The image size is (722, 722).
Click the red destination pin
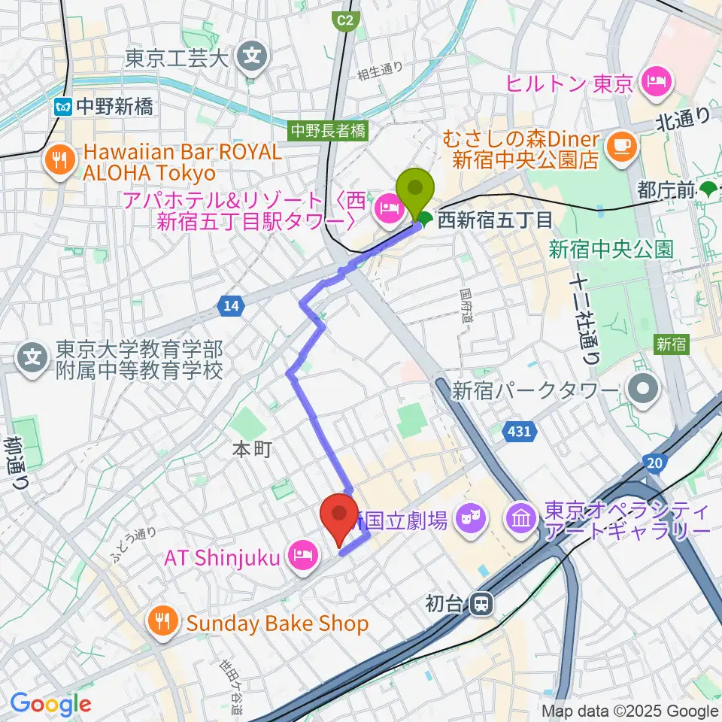pos(338,515)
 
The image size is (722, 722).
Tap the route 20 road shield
pos(654,460)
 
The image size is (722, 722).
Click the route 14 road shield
pos(231,305)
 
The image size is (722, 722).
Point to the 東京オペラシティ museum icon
pos(522,517)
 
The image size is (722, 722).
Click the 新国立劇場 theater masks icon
pos(471,517)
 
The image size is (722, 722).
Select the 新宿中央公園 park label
pos(610,250)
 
